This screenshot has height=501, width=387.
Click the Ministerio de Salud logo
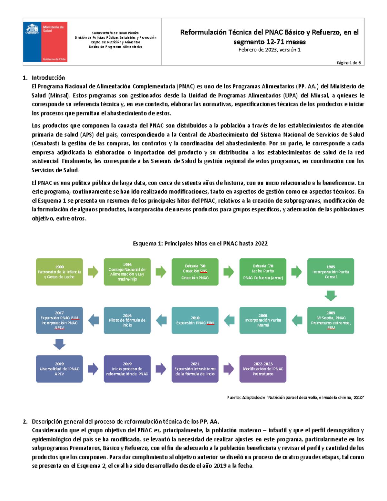(x=45, y=42)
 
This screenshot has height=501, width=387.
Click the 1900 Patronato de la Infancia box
(x=59, y=272)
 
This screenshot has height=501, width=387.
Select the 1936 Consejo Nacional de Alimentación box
(x=127, y=272)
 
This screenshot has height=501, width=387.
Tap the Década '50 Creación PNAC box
(x=195, y=272)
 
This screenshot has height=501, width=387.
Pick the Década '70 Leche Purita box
(x=263, y=272)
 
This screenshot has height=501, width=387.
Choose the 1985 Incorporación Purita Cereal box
(x=331, y=272)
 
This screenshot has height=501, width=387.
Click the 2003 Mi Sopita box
(x=331, y=320)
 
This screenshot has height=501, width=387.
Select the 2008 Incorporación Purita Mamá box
(x=263, y=320)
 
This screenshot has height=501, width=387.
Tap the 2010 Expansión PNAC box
(x=195, y=320)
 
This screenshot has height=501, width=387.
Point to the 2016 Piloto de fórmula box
(x=127, y=320)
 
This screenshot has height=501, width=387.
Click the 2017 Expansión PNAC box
(x=59, y=320)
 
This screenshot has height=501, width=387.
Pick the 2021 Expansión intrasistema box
(x=195, y=369)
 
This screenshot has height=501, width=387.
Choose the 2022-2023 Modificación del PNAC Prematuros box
(x=263, y=369)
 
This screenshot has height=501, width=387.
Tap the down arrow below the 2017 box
(x=59, y=344)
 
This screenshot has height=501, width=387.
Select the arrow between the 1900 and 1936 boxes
(x=93, y=272)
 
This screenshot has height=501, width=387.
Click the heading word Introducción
(x=48, y=78)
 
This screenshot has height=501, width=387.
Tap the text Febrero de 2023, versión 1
(x=269, y=50)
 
